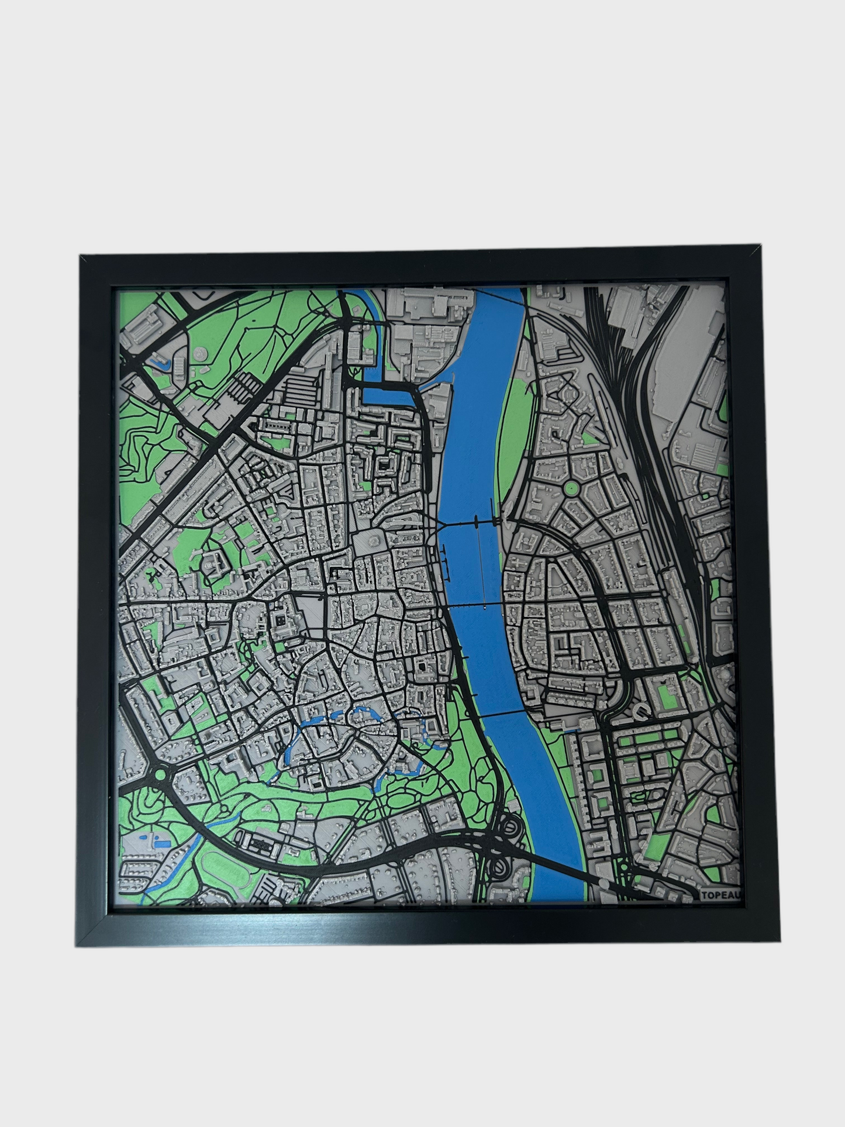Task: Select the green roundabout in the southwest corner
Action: tap(158, 776)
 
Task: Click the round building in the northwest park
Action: tap(201, 353)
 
